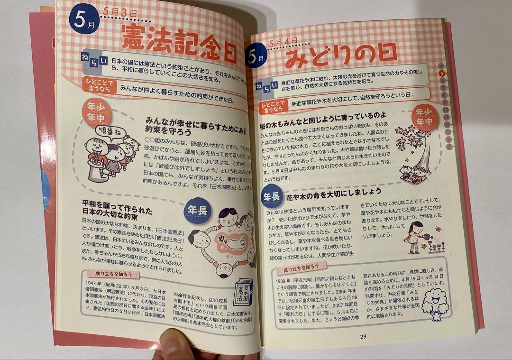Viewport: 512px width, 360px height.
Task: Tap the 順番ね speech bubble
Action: point(107,130)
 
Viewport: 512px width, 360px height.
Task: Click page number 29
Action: point(363,336)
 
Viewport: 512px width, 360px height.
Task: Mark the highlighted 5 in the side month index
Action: point(442,73)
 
